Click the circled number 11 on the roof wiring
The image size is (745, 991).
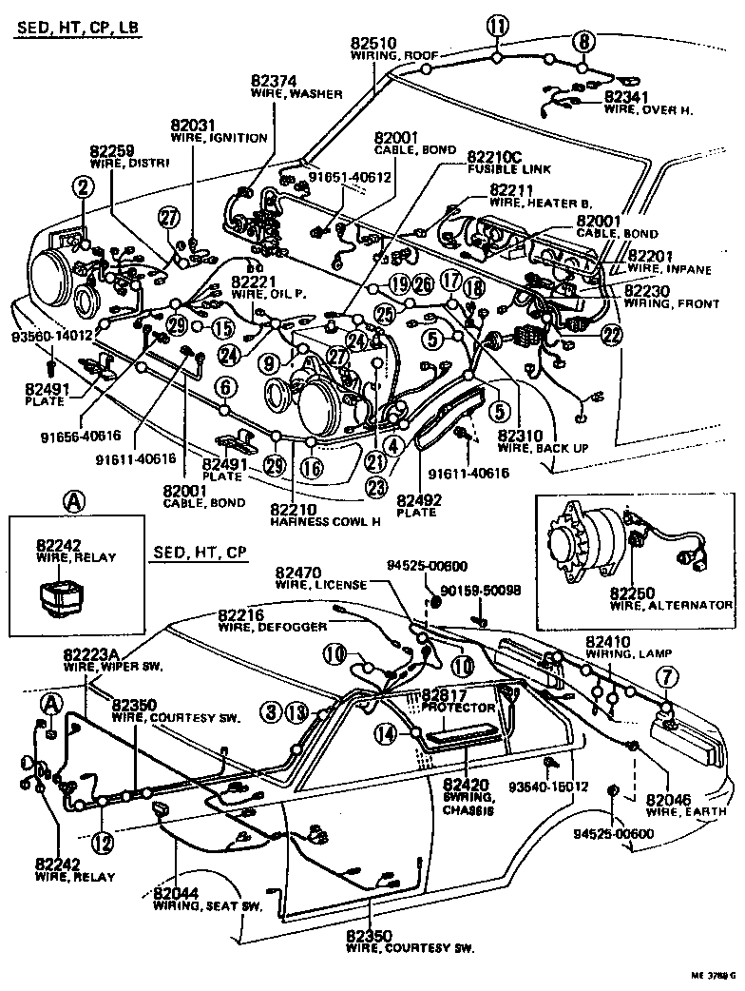[497, 26]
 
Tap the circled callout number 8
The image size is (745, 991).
[583, 40]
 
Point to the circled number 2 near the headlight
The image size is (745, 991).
[84, 188]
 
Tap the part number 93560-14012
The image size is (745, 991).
[51, 335]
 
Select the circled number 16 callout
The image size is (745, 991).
[311, 467]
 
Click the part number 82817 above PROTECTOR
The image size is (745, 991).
[445, 694]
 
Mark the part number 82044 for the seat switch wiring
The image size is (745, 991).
[176, 893]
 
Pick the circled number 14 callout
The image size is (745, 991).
[386, 732]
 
